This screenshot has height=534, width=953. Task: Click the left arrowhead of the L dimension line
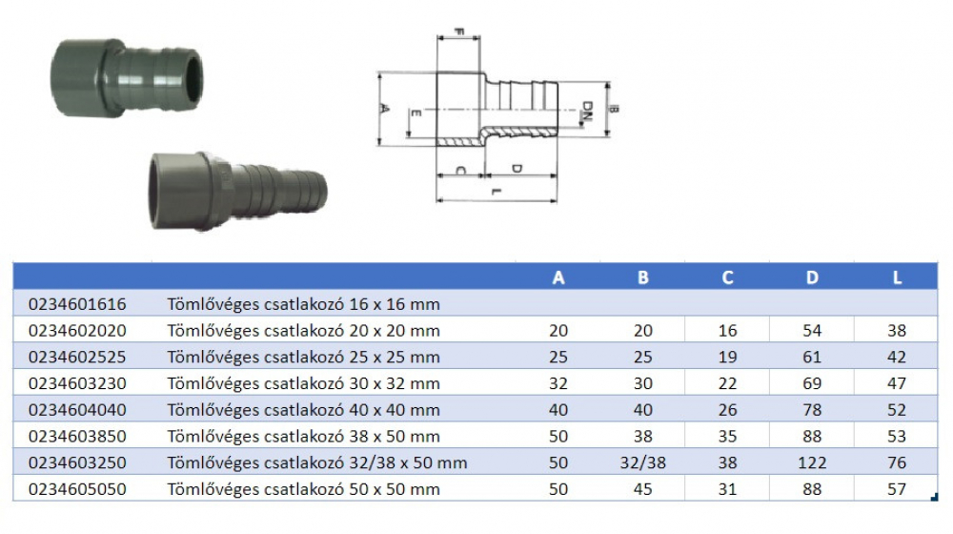[x=437, y=200]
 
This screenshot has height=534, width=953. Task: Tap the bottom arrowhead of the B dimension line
[x=607, y=133]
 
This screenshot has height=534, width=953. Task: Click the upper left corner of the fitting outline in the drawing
[x=437, y=73]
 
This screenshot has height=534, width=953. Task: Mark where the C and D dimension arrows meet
[x=484, y=175]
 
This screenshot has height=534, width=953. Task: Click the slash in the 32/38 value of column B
[x=642, y=462]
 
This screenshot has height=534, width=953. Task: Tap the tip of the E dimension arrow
[x=407, y=136]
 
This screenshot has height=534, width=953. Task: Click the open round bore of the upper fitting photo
[x=193, y=76]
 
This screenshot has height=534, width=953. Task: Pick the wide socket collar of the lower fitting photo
[x=181, y=191]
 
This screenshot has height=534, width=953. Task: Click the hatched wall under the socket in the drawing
[x=460, y=142]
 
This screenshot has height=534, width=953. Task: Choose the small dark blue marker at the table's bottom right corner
[x=934, y=498]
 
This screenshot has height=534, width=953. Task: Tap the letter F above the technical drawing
[x=459, y=31]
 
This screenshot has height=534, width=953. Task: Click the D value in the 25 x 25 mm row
[x=812, y=357]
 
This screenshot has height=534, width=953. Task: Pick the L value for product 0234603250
[x=897, y=462]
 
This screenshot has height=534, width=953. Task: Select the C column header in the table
[x=727, y=277]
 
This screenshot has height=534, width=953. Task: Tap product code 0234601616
[x=77, y=304]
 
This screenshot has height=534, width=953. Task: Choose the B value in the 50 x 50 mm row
[x=643, y=489]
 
